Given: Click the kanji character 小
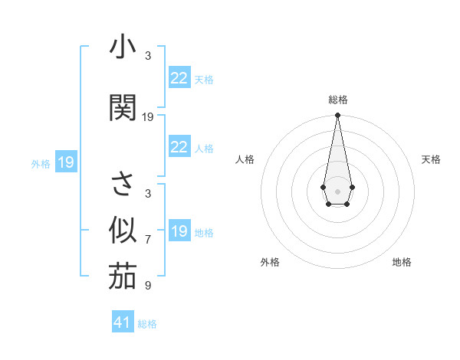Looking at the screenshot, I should [123, 47].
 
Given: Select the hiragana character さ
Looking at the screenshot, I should [123, 185].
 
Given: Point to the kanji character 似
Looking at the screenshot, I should [123, 229].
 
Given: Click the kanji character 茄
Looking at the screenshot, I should [123, 277].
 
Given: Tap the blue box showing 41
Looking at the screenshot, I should [123, 322].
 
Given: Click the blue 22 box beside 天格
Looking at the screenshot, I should [179, 78].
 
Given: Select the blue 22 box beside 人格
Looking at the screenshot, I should [179, 147].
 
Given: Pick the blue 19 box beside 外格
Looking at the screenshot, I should [65, 162].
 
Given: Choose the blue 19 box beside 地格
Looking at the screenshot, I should [179, 231].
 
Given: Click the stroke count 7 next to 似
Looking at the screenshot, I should [148, 240].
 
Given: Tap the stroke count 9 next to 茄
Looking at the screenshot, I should [148, 286].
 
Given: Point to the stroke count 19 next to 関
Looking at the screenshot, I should [148, 117].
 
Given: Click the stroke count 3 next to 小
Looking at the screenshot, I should [148, 56].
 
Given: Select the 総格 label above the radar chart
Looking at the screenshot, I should [337, 100].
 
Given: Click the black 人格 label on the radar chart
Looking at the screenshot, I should [245, 159].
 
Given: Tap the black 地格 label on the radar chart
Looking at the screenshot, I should [402, 262].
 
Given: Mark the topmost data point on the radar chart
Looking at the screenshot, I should [337, 116].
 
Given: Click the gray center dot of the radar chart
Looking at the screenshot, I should [337, 190].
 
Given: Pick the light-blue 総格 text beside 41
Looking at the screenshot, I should [147, 324].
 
